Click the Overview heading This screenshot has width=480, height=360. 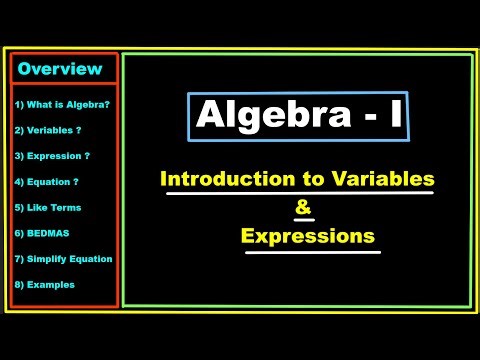click(60, 69)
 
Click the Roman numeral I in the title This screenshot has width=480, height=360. click(396, 116)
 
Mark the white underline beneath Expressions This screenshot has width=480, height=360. click(313, 252)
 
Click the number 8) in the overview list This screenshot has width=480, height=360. click(19, 284)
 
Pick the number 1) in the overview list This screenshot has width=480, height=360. click(19, 104)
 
